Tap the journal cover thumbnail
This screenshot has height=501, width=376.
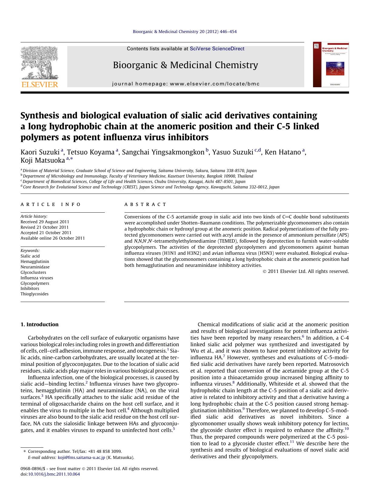click(x=331, y=65)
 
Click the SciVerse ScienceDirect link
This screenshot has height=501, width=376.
click(x=217, y=49)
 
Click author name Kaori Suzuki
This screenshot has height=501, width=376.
click(x=40, y=152)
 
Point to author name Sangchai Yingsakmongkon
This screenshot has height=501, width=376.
click(x=163, y=152)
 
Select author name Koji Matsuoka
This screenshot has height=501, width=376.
click(x=43, y=160)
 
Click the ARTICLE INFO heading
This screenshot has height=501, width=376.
click(x=51, y=204)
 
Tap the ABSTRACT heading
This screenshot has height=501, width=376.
click(x=145, y=204)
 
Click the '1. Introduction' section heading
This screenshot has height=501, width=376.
click(x=39, y=324)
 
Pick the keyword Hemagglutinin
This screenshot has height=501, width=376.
click(x=35, y=261)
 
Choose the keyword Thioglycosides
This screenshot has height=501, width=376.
click(x=35, y=294)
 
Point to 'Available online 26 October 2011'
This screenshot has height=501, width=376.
click(x=53, y=238)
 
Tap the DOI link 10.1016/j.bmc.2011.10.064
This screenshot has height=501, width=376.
click(x=54, y=474)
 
